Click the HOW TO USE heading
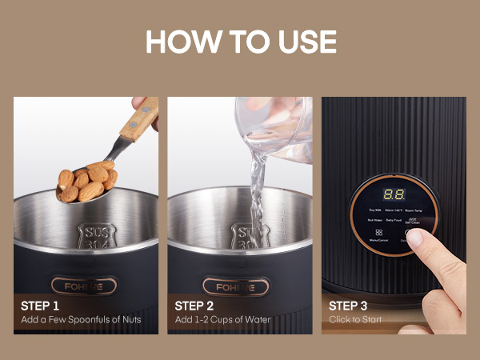(240, 42)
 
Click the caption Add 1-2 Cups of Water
(220, 320)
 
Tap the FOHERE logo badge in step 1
(84, 286)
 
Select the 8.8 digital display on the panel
(393, 194)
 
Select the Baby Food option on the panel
(393, 220)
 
